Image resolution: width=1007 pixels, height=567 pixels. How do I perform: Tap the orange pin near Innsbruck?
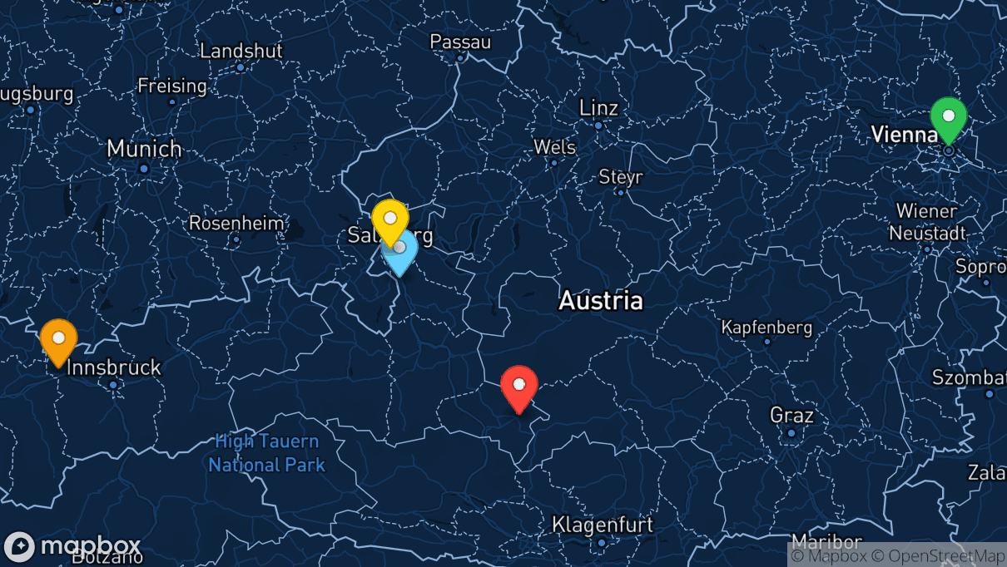[x=58, y=340]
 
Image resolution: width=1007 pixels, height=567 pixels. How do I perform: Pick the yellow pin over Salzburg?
[x=389, y=219]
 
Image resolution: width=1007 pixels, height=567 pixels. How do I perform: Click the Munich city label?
[x=144, y=150]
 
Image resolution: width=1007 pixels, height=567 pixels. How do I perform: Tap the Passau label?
[x=460, y=42]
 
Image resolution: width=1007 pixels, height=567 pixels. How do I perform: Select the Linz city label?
[x=599, y=108]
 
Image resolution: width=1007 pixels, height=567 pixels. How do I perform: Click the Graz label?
[x=791, y=415]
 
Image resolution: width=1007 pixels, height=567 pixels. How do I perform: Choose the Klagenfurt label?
[x=603, y=525]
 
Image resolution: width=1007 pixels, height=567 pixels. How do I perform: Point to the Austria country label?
[x=601, y=300]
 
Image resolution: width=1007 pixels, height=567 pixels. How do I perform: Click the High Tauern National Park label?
[x=267, y=452]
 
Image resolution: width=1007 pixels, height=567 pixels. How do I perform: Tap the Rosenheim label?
[x=236, y=224]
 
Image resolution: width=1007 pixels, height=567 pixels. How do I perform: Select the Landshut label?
[x=241, y=51]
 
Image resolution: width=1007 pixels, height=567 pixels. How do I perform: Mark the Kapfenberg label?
[x=766, y=327]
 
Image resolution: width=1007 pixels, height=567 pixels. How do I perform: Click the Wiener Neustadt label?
[x=926, y=221]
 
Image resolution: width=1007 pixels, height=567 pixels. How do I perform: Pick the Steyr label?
[x=621, y=177]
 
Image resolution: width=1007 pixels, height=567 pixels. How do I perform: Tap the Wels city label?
[x=554, y=147]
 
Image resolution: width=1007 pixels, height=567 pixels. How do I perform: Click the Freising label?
[x=172, y=86]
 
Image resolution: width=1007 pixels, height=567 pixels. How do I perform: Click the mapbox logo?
[x=72, y=546]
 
